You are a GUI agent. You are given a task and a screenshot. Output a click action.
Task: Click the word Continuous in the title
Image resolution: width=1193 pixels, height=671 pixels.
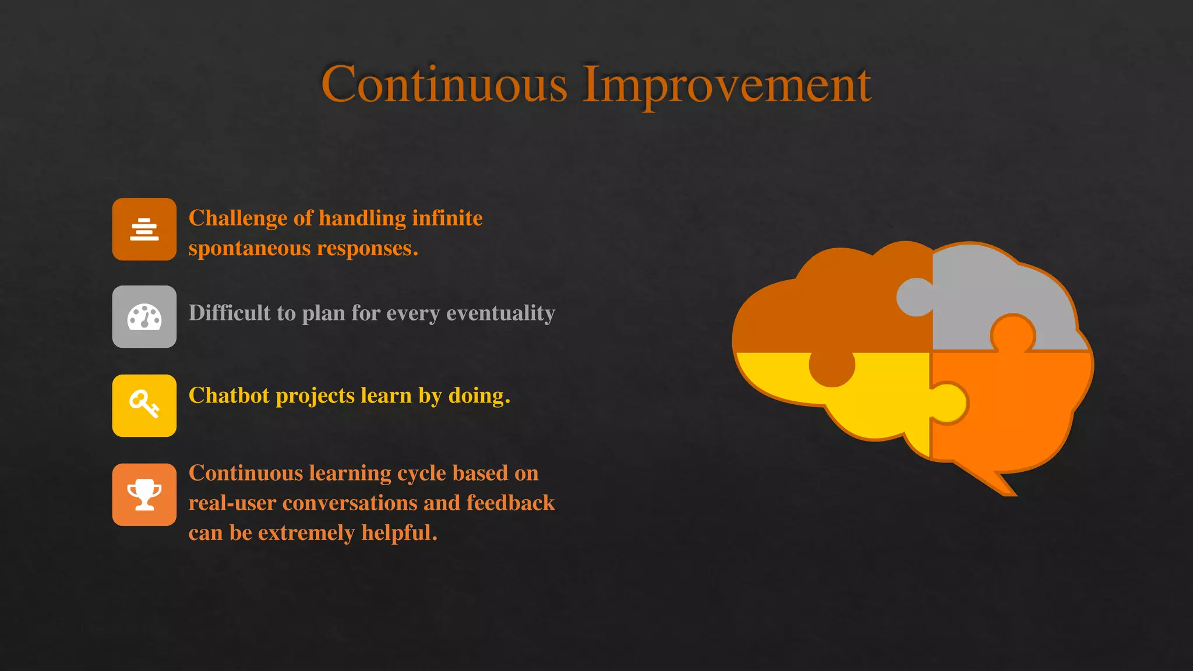(444, 84)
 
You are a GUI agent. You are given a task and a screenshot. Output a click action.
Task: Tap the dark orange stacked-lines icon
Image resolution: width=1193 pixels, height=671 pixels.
(144, 229)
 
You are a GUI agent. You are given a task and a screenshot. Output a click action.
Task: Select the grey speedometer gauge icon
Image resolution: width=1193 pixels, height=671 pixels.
(144, 317)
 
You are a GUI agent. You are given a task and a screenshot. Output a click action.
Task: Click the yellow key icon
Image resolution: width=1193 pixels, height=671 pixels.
(144, 405)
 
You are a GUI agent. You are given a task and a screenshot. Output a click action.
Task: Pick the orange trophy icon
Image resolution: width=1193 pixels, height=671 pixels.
(144, 495)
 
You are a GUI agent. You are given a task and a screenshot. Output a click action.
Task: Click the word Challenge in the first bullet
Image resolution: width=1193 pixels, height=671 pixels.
(238, 218)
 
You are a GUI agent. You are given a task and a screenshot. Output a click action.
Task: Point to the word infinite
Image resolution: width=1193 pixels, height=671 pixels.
(447, 218)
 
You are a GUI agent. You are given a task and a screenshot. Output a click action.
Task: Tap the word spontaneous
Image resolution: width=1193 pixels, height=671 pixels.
(249, 249)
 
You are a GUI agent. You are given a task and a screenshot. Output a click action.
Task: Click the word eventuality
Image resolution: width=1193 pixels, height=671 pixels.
(500, 313)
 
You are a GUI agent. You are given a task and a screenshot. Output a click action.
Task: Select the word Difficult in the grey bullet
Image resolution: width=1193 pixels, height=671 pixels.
(230, 313)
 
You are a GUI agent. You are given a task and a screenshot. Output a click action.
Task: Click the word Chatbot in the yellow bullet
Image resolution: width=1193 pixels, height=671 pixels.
(229, 395)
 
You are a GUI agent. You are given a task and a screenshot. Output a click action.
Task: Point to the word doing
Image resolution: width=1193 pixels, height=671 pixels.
(479, 396)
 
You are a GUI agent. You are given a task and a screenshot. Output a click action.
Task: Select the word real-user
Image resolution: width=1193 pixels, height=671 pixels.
(232, 503)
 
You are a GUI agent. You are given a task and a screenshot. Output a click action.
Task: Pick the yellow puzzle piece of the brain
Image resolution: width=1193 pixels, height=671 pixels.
(874, 402)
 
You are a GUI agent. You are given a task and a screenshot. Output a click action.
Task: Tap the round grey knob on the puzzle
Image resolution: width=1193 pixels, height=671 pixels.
(915, 297)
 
